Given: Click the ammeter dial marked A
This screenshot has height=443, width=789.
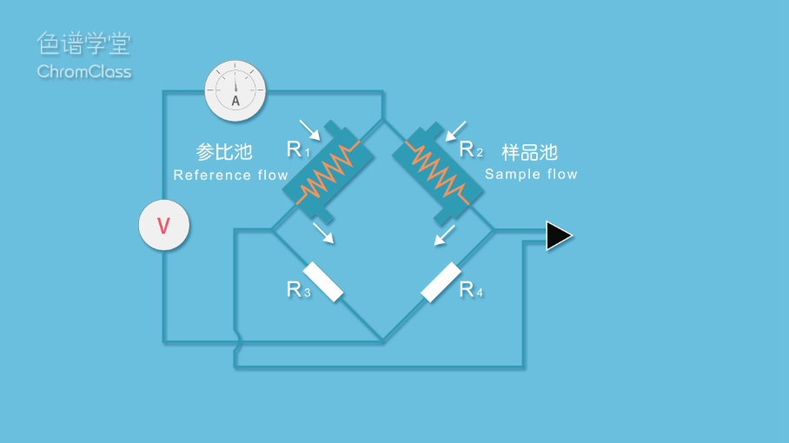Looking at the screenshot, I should point(235,91).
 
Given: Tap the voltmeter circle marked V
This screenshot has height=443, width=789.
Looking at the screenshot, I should point(163,226).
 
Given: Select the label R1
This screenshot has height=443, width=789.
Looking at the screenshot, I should point(298,150).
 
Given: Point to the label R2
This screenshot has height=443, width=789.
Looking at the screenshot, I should point(470,150).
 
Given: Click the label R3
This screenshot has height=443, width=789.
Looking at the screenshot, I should point(298,290).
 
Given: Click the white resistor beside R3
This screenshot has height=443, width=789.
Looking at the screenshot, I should point(322,281).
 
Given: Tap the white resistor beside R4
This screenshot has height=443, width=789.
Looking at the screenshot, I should point(441,281).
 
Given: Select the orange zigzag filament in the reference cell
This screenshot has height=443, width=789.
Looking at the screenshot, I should point(328,169).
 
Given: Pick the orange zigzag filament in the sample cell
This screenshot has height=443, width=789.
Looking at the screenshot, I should point(438,169).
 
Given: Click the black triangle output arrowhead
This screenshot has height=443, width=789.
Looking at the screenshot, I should point(559,235).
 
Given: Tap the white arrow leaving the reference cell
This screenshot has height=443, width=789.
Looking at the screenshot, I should point(323,232).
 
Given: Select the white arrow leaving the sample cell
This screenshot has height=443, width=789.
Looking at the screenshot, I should point(444,235).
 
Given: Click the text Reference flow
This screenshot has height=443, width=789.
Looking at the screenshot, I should point(230,175).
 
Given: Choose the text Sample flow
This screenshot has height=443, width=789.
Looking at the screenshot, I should point(531,174).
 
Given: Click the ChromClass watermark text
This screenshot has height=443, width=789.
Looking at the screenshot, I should point(84,71).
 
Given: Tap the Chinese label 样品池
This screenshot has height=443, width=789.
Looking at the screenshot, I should point(529,152).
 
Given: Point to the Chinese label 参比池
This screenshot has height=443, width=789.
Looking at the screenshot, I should point(224,152).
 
